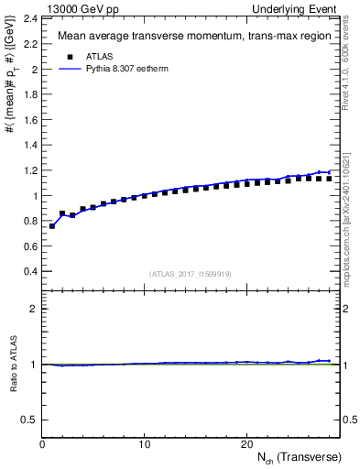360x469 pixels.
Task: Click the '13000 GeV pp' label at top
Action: coord(82,8)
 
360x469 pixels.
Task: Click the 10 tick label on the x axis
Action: coord(144,444)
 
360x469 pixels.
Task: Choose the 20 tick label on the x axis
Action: coord(245,444)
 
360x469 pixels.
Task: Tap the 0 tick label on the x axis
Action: coord(42,444)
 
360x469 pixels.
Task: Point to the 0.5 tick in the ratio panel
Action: coord(30,420)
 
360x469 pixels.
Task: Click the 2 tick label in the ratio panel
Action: coord(34,309)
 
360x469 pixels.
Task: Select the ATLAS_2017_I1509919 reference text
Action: coord(190,273)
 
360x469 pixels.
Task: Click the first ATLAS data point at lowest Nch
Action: coord(52,225)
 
